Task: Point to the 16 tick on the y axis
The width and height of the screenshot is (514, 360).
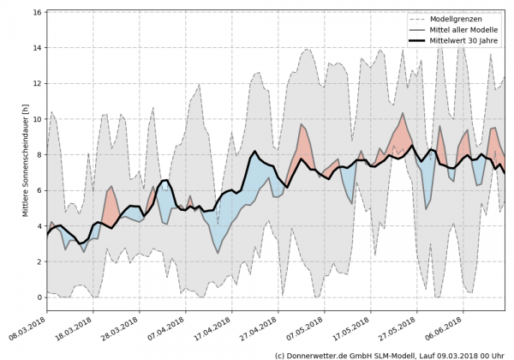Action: coord(38,13)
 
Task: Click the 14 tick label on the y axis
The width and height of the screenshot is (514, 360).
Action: coord(38,49)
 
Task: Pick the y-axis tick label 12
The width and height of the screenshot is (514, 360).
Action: coord(38,84)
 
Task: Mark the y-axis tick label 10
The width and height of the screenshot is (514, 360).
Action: coord(38,120)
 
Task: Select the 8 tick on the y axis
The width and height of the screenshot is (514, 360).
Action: coord(39,155)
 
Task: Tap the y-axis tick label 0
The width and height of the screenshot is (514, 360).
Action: coord(39,297)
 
